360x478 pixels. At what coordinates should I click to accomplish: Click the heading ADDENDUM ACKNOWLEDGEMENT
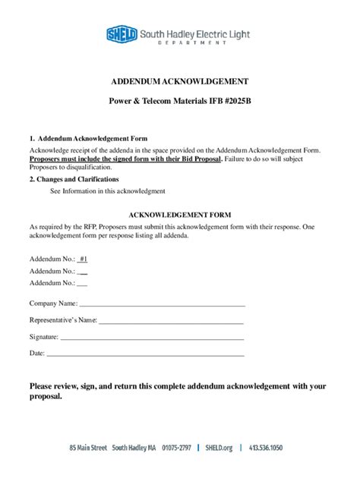click(180, 81)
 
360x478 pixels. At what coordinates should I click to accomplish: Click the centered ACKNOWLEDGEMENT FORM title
click(180, 215)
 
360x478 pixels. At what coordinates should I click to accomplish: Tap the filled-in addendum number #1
click(83, 259)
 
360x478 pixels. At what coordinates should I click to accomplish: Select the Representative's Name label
click(62, 321)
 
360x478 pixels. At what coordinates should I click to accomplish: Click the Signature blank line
click(151, 338)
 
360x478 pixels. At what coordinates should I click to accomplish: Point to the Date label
click(36, 354)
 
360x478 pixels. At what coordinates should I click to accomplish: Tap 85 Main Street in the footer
click(88, 448)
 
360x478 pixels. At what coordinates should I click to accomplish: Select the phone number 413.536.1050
click(265, 448)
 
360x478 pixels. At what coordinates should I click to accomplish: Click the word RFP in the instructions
click(90, 227)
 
